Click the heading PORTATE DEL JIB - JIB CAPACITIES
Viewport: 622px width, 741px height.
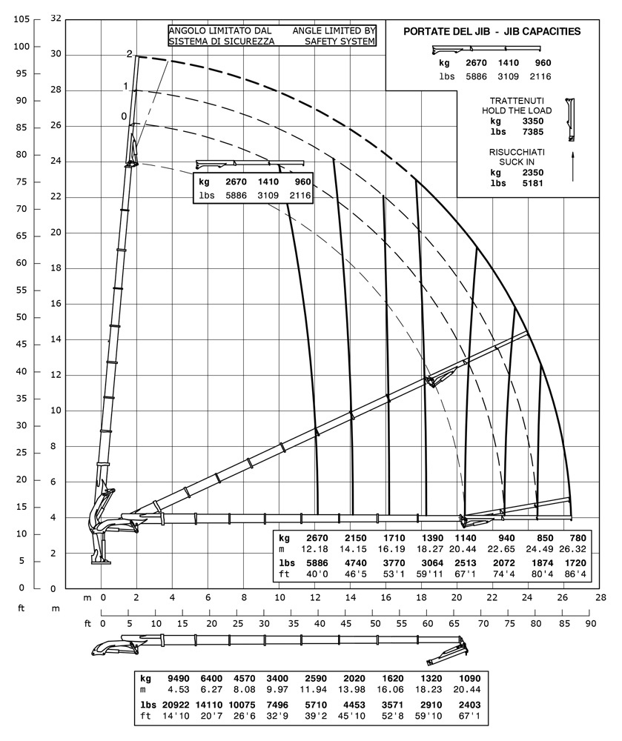tap(491, 31)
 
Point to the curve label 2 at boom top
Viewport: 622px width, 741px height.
tap(129, 54)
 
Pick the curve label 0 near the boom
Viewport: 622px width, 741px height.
tap(124, 116)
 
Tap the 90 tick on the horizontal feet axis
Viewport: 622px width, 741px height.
tap(590, 623)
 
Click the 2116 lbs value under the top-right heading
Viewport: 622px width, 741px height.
tap(540, 76)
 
